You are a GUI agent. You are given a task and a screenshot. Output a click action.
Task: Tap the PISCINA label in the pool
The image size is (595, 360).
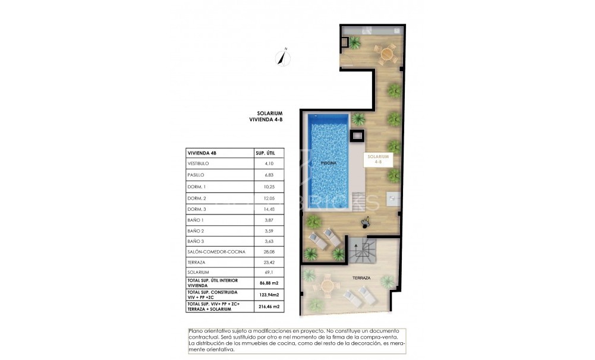click(x=328, y=162)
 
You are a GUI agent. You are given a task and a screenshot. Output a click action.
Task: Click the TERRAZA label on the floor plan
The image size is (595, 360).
click(x=360, y=278)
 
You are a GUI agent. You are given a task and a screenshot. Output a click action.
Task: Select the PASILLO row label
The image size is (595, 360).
click(x=196, y=175)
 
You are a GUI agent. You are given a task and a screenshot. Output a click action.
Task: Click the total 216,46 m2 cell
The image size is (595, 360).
click(x=267, y=307)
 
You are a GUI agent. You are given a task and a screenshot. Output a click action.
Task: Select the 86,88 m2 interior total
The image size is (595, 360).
click(x=267, y=283)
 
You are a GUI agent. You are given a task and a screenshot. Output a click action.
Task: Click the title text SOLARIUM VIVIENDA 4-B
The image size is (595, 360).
click(x=265, y=116)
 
